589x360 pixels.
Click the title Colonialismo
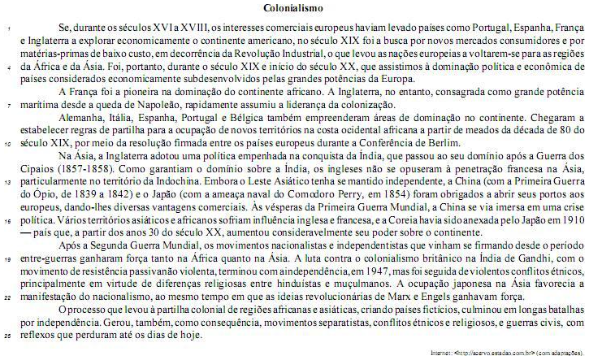coord(294,8)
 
